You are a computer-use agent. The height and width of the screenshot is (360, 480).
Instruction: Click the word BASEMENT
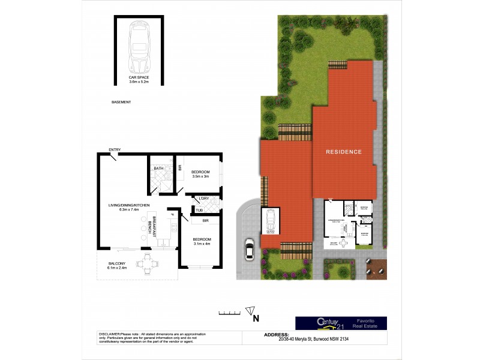pos(121,103)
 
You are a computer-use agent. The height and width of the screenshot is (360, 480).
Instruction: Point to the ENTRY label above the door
pos(115,149)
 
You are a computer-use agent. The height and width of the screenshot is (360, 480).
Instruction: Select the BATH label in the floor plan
pos(158,169)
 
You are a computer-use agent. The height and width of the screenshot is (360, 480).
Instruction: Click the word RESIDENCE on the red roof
pos(344,152)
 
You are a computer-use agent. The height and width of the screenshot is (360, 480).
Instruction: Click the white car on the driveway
pos(249,248)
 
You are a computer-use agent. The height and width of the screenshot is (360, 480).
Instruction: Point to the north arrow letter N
pos(255,318)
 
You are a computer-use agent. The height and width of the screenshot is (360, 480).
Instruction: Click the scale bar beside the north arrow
pos(228,313)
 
